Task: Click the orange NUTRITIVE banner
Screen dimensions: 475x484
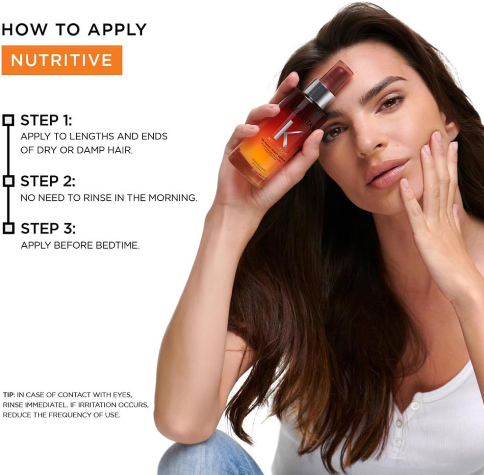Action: [x=62, y=60]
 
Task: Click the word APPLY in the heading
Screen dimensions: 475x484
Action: [x=117, y=29]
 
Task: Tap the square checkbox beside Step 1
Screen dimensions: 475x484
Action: [x=8, y=120]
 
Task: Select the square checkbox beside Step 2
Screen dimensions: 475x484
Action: [x=8, y=181]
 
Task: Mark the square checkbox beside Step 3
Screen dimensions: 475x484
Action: [x=8, y=229]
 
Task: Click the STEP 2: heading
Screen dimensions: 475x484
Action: [x=48, y=181]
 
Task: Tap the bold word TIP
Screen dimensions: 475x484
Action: [x=9, y=395]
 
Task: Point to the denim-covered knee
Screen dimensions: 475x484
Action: [x=208, y=454]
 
